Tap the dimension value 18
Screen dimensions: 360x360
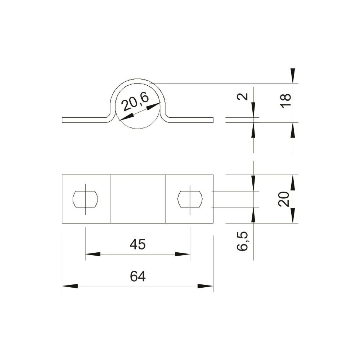click(285, 100)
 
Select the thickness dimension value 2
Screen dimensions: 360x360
click(242, 96)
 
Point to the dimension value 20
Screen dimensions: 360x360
click(284, 199)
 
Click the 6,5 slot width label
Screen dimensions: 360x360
click(242, 241)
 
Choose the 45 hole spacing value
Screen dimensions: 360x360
click(138, 244)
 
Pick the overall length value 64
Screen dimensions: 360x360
click(138, 276)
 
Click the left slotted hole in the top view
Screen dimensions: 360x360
click(85, 199)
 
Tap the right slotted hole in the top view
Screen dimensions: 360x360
click(190, 199)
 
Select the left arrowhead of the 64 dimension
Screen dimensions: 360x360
click(70, 286)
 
